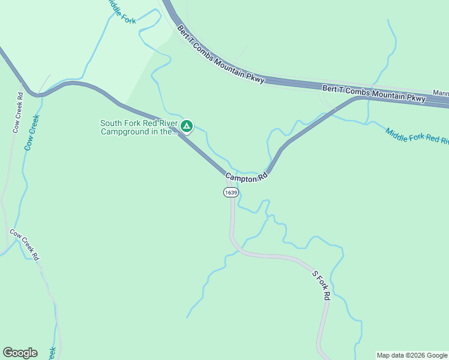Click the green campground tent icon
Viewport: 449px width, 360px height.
pyautogui.click(x=187, y=126)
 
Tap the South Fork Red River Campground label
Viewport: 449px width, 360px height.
pyautogui.click(x=139, y=128)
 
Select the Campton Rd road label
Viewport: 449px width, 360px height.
pyautogui.click(x=246, y=177)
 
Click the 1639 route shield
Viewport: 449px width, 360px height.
pyautogui.click(x=231, y=193)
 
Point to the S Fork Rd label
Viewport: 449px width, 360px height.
pyautogui.click(x=321, y=285)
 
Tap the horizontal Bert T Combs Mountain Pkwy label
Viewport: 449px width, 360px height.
pyautogui.click(x=373, y=92)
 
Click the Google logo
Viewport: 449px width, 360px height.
pyautogui.click(x=20, y=353)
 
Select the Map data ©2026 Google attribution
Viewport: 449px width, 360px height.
pyautogui.click(x=412, y=355)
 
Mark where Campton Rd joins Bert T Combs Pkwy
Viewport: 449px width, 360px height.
pyautogui.click(x=360, y=98)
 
